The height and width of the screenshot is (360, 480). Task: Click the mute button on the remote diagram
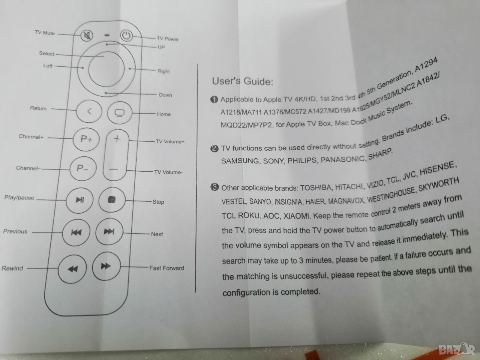[x=87, y=35]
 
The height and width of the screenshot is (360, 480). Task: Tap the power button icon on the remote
[x=126, y=36]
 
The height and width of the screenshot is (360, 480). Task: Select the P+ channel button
[x=86, y=139]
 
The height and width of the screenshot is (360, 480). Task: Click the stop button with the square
[x=112, y=199]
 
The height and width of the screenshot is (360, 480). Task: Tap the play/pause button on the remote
[x=79, y=200]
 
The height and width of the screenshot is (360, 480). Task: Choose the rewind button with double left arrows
[x=72, y=269]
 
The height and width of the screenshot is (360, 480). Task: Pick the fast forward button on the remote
[x=106, y=266]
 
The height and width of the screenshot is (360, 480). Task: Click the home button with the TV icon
[x=120, y=113]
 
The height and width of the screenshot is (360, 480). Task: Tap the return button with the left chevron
[x=89, y=111]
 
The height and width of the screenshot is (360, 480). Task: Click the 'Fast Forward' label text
[x=166, y=268]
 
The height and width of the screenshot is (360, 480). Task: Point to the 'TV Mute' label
[x=45, y=33]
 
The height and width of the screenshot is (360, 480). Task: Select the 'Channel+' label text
[x=31, y=136]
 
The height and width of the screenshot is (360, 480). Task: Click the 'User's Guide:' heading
[x=243, y=81]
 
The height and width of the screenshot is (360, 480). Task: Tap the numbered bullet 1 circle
[x=214, y=100]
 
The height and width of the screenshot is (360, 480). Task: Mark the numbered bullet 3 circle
[x=214, y=187]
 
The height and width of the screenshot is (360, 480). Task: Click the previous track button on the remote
[x=76, y=232]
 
